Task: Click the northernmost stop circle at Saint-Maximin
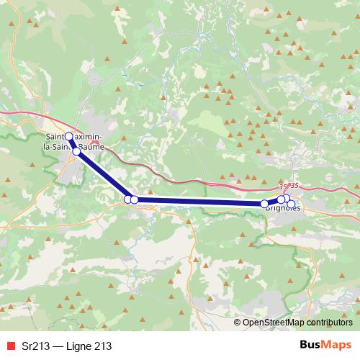pyautogui.click(x=70, y=136)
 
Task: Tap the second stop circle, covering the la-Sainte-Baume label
pyautogui.click(x=76, y=152)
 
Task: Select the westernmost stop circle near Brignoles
pyautogui.click(x=264, y=205)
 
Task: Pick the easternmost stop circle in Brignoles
pyautogui.click(x=291, y=204)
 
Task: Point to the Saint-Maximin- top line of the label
pyautogui.click(x=73, y=137)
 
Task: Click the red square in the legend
pyautogui.click(x=9, y=346)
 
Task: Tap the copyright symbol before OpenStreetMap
pyautogui.click(x=238, y=323)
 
